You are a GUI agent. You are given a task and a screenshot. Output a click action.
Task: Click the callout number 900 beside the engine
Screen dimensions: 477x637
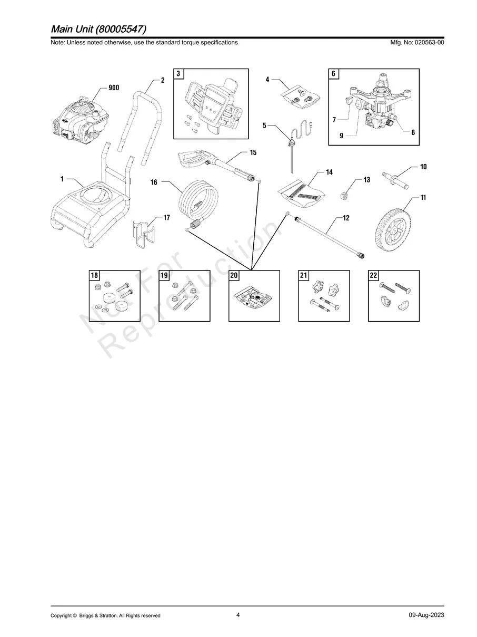114,88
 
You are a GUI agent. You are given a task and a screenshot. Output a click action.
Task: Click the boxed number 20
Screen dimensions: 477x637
234,275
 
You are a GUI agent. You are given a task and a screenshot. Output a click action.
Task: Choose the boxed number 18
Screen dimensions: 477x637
94,275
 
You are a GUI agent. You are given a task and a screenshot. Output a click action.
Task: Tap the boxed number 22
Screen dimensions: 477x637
374,275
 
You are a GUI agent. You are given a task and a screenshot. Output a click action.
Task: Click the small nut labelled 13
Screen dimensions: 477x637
344,196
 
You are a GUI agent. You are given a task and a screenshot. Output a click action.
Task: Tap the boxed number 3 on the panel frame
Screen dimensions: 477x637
178,74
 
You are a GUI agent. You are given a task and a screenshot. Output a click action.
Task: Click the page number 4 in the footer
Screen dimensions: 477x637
238,615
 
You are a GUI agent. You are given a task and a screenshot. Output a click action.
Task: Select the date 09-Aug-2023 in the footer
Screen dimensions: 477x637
426,615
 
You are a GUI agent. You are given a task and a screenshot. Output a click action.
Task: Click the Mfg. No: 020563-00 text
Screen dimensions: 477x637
417,42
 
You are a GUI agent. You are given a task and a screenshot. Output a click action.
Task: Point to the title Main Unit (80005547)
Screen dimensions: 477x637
98,29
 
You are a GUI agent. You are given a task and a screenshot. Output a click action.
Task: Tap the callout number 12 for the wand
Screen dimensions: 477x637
346,218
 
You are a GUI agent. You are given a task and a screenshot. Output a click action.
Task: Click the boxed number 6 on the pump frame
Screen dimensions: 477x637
333,74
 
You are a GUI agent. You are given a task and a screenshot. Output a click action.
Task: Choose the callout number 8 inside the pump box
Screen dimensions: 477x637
413,132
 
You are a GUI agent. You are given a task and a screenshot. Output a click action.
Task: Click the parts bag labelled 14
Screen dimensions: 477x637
302,194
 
